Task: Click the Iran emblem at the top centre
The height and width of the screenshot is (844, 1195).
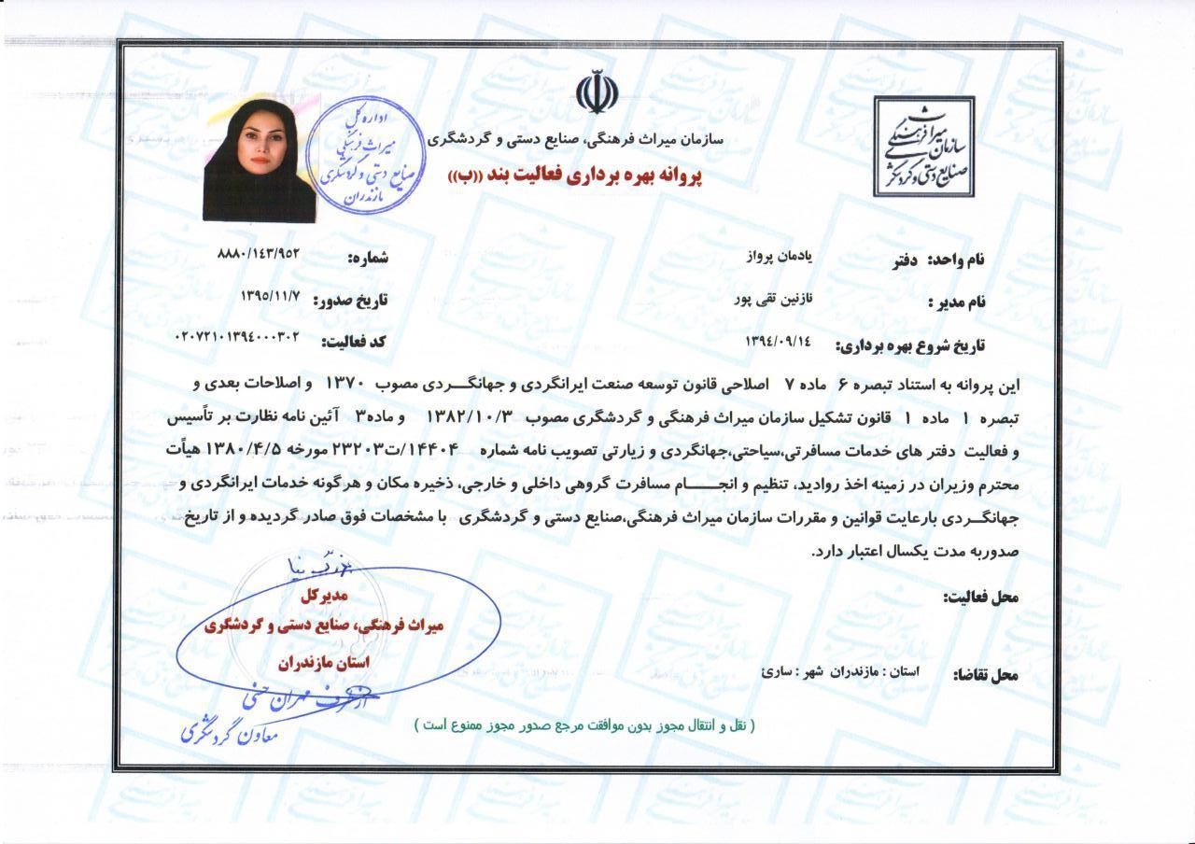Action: coord(597,93)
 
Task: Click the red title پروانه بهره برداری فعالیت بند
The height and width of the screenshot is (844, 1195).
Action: coord(579,175)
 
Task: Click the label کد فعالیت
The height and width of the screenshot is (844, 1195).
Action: coord(355,342)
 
